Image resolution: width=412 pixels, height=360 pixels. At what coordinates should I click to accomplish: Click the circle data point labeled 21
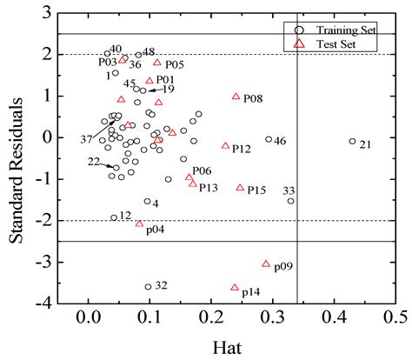coord(352,141)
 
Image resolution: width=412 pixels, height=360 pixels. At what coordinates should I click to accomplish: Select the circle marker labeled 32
coord(148,286)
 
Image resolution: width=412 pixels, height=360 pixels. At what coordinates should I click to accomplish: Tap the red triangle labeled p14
coord(235,287)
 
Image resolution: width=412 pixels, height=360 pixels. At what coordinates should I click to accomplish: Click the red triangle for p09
coord(266,263)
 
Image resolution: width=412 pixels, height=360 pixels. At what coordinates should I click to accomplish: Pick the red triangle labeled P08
coord(236,97)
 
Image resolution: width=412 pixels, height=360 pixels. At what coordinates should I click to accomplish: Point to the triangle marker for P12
coord(225,146)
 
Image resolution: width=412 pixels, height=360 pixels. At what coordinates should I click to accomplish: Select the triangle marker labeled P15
coord(240,187)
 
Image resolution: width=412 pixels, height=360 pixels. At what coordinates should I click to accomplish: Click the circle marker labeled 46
coord(269,139)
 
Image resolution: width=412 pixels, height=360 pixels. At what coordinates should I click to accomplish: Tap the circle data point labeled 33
coord(290,201)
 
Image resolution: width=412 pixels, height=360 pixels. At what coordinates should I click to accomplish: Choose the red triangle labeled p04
coord(139,223)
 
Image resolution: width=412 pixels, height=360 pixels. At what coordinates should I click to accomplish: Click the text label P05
coord(174,64)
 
